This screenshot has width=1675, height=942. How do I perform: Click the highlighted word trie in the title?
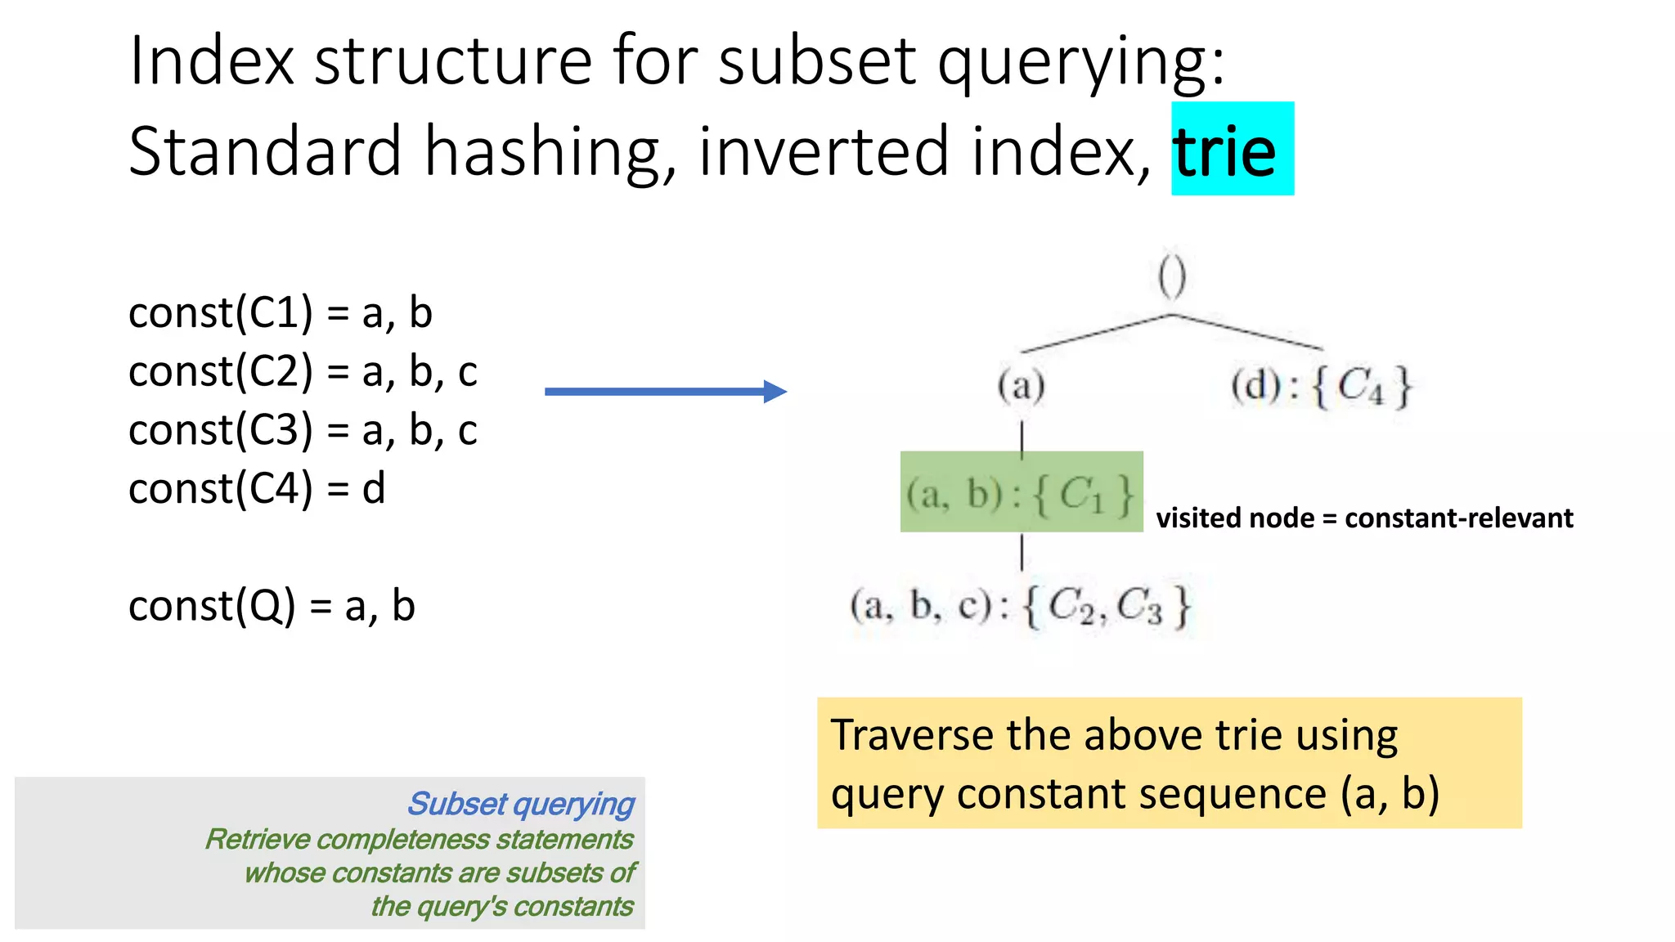coord(1224,152)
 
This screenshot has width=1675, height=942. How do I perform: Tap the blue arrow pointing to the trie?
coord(665,392)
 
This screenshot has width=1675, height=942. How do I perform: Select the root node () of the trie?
coord(1172,277)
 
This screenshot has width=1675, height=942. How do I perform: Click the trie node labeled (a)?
coord(1022,385)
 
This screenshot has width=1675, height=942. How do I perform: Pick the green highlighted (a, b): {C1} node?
coord(1021,492)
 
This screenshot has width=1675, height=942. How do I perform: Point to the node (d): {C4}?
coord(1321,385)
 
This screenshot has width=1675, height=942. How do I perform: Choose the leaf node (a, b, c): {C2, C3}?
coord(1021,607)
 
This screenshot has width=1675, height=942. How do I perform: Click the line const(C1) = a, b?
coord(280,313)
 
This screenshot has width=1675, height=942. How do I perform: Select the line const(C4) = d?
coord(257,489)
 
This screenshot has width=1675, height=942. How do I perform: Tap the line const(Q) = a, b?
coord(272,606)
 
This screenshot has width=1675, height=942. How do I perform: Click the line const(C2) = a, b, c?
coord(303,372)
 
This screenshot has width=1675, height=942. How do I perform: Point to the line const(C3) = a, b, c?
coord(303,431)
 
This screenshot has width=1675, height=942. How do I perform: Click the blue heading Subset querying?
coord(520,804)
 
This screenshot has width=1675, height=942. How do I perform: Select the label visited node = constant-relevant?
coord(1364,518)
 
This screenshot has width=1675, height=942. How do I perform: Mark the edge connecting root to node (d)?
coord(1247,332)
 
